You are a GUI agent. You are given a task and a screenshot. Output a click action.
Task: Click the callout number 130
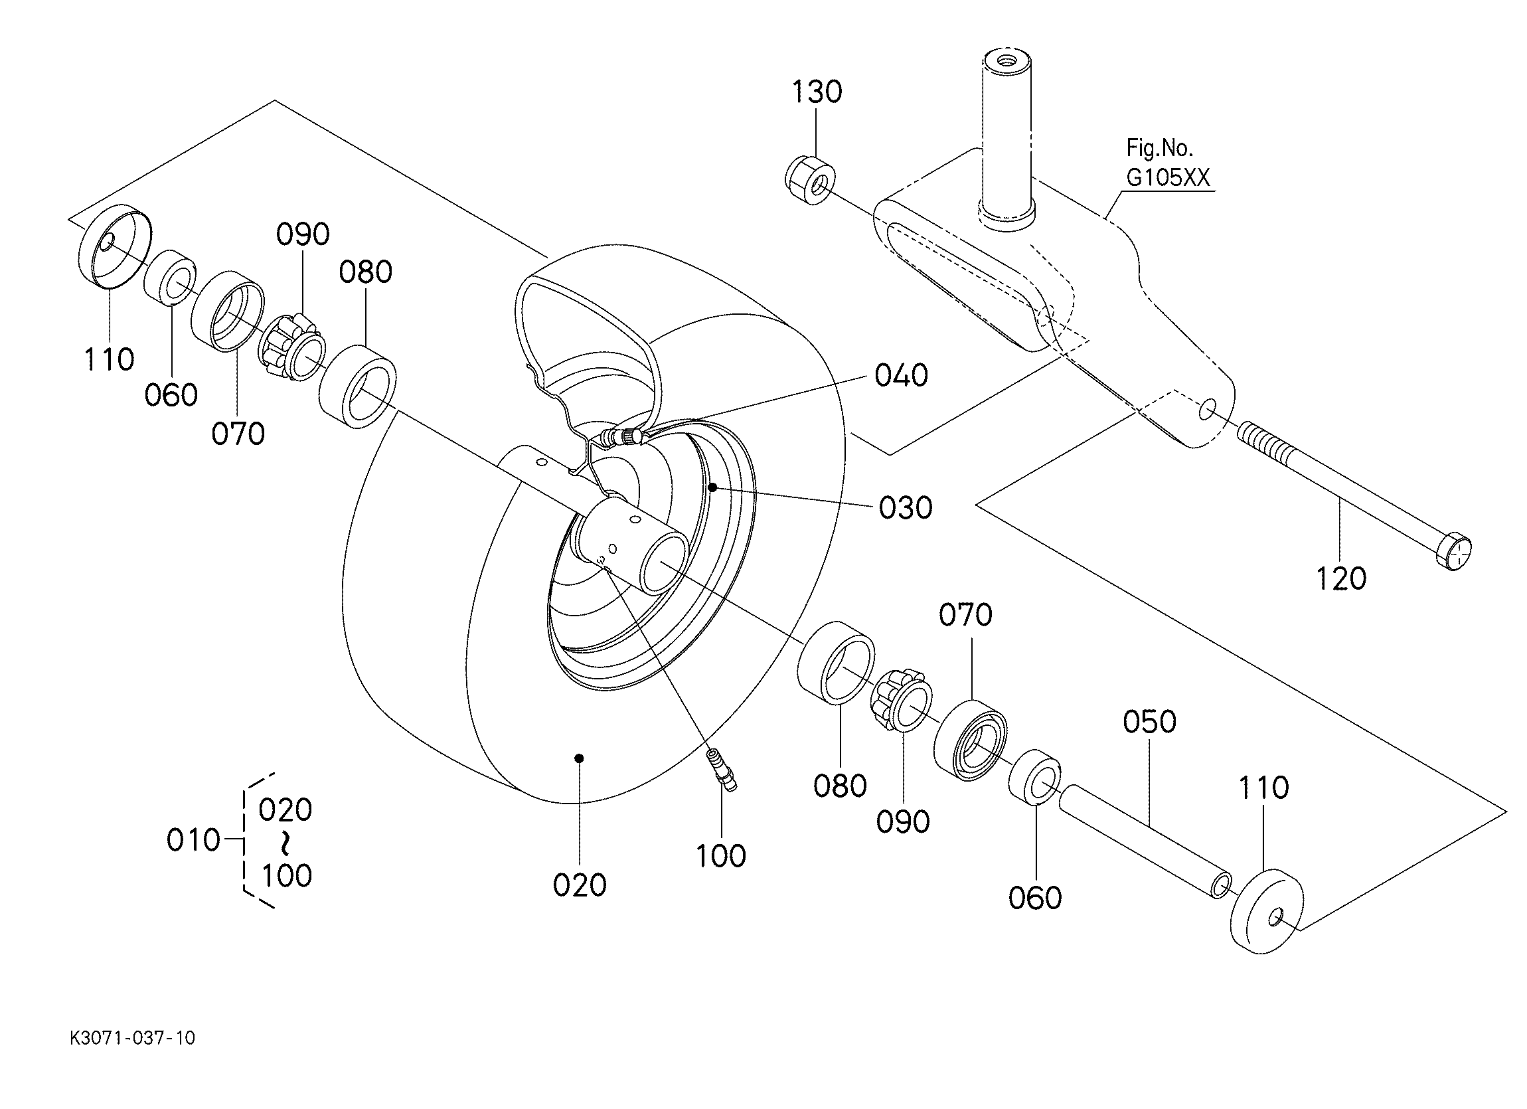point(817,92)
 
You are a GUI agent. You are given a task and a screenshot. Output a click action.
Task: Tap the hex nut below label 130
point(811,181)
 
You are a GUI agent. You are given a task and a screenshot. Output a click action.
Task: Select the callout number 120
point(1340,579)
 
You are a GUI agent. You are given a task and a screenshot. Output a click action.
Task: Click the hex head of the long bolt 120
point(1454,552)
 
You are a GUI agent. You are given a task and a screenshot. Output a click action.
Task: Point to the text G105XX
point(1168,178)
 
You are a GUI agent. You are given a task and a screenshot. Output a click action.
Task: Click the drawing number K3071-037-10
point(132,1038)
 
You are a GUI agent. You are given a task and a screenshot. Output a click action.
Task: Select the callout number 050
point(1149,722)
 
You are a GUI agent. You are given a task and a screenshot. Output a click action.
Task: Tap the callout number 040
point(901,376)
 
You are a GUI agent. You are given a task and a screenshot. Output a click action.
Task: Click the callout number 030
point(905,509)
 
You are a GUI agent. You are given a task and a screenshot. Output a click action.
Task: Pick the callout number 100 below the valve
point(720,857)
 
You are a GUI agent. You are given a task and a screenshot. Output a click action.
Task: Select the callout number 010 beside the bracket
point(193,840)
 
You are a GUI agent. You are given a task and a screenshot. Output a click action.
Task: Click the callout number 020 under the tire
point(579,885)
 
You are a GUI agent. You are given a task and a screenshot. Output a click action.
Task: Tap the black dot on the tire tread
point(579,758)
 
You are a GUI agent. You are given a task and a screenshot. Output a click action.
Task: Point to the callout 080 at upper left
point(365,273)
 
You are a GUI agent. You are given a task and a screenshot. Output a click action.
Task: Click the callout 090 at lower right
point(902,822)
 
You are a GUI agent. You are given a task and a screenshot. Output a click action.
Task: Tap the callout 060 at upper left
point(171,395)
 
